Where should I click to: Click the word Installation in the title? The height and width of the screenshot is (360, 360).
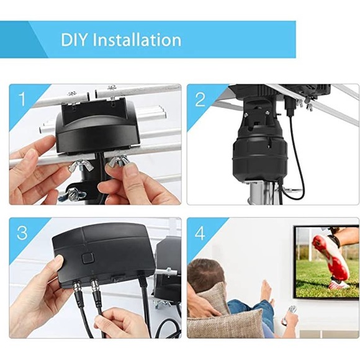coord(137,40)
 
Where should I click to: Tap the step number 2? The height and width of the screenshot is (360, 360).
coord(200,99)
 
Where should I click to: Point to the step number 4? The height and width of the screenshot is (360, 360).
coord(200,233)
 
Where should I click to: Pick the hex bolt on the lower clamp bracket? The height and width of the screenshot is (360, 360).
coord(76,195)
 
